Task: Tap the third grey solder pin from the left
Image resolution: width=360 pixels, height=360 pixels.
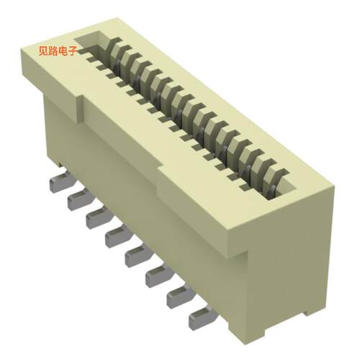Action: [96, 215]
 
